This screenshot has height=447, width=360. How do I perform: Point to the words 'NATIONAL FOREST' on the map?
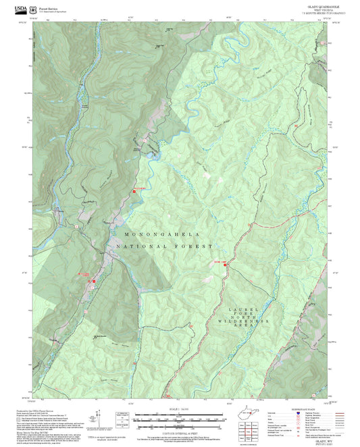[x=165, y=247]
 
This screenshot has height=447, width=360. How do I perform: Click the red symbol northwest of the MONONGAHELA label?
[x=134, y=191]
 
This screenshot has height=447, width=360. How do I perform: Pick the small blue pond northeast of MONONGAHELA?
[x=155, y=157]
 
